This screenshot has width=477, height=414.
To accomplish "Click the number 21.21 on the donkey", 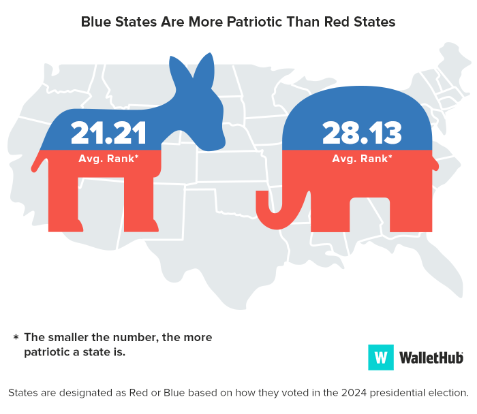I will [108, 132].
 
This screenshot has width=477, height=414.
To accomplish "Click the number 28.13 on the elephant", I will [357, 132].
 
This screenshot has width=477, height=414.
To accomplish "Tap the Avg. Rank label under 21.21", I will [109, 159].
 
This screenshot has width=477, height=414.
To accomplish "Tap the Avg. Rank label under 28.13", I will [362, 159].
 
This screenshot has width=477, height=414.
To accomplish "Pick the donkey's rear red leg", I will [65, 201].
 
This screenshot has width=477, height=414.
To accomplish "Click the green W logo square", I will [381, 357].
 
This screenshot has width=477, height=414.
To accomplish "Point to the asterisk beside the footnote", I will [15, 338].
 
